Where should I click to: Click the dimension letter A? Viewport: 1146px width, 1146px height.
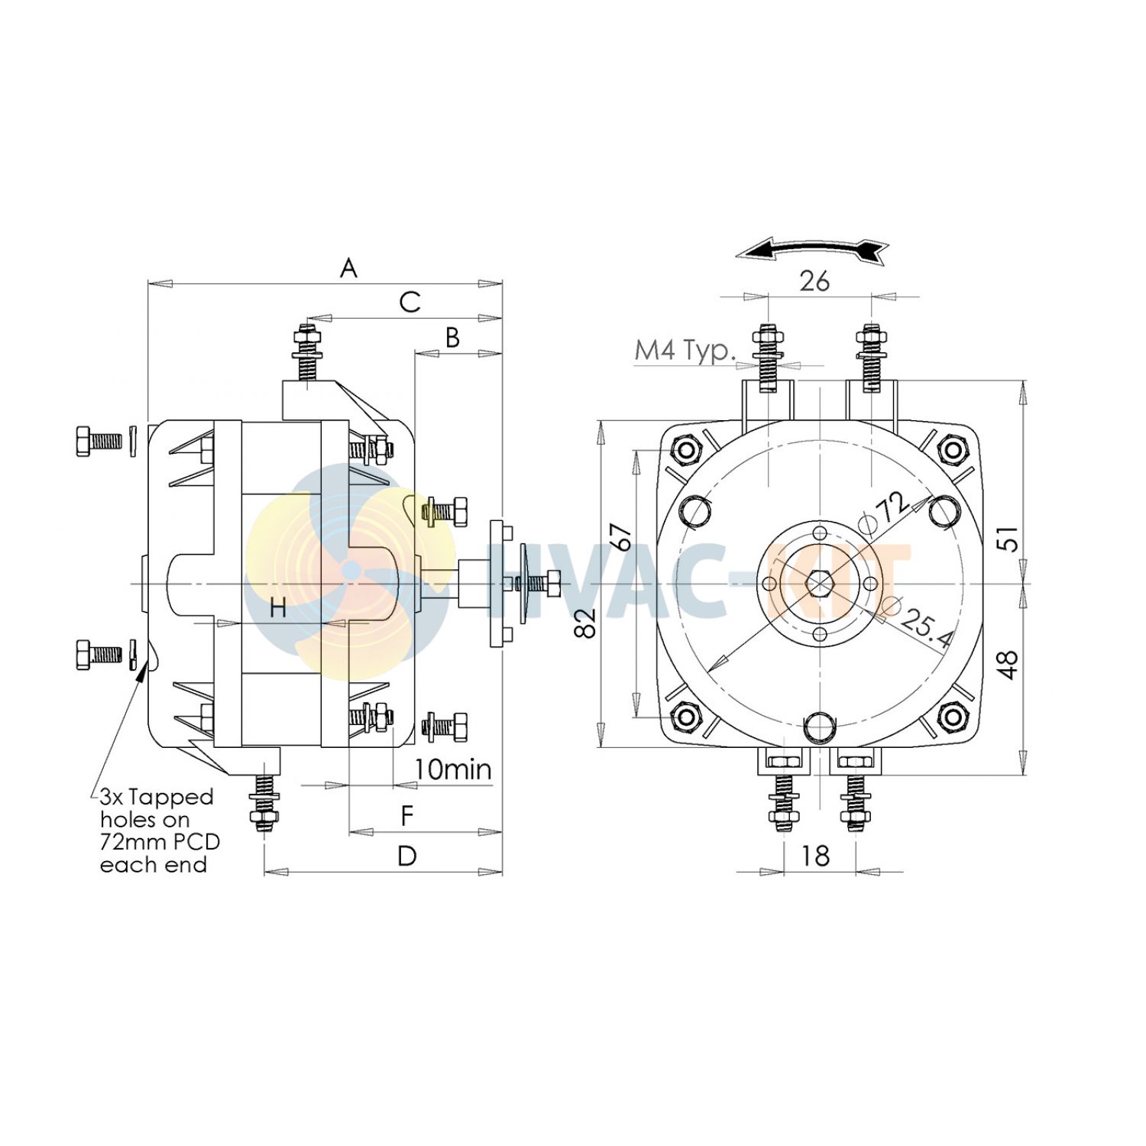point(348,268)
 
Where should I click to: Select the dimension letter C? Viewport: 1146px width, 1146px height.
point(410,302)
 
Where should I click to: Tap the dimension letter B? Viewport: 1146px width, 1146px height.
point(453,337)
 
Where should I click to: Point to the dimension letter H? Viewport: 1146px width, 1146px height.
point(279,608)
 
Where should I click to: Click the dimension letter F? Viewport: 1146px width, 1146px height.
point(407,816)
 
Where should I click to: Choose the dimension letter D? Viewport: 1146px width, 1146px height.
point(407,856)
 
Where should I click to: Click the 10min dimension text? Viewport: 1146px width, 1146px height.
point(453,769)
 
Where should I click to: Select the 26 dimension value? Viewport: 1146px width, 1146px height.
point(814,281)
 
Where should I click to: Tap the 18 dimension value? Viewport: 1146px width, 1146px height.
point(815,856)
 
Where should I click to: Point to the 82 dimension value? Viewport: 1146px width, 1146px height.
point(587,623)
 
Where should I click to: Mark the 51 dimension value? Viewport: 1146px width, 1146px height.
point(1009,539)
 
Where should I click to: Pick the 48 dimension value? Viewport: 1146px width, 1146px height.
point(1009,665)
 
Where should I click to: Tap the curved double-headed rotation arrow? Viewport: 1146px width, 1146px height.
point(812,249)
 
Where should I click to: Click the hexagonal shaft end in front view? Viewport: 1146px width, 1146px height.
point(818,584)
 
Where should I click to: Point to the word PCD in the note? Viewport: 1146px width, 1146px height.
point(192,842)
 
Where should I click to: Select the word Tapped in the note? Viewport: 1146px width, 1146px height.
point(170,797)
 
